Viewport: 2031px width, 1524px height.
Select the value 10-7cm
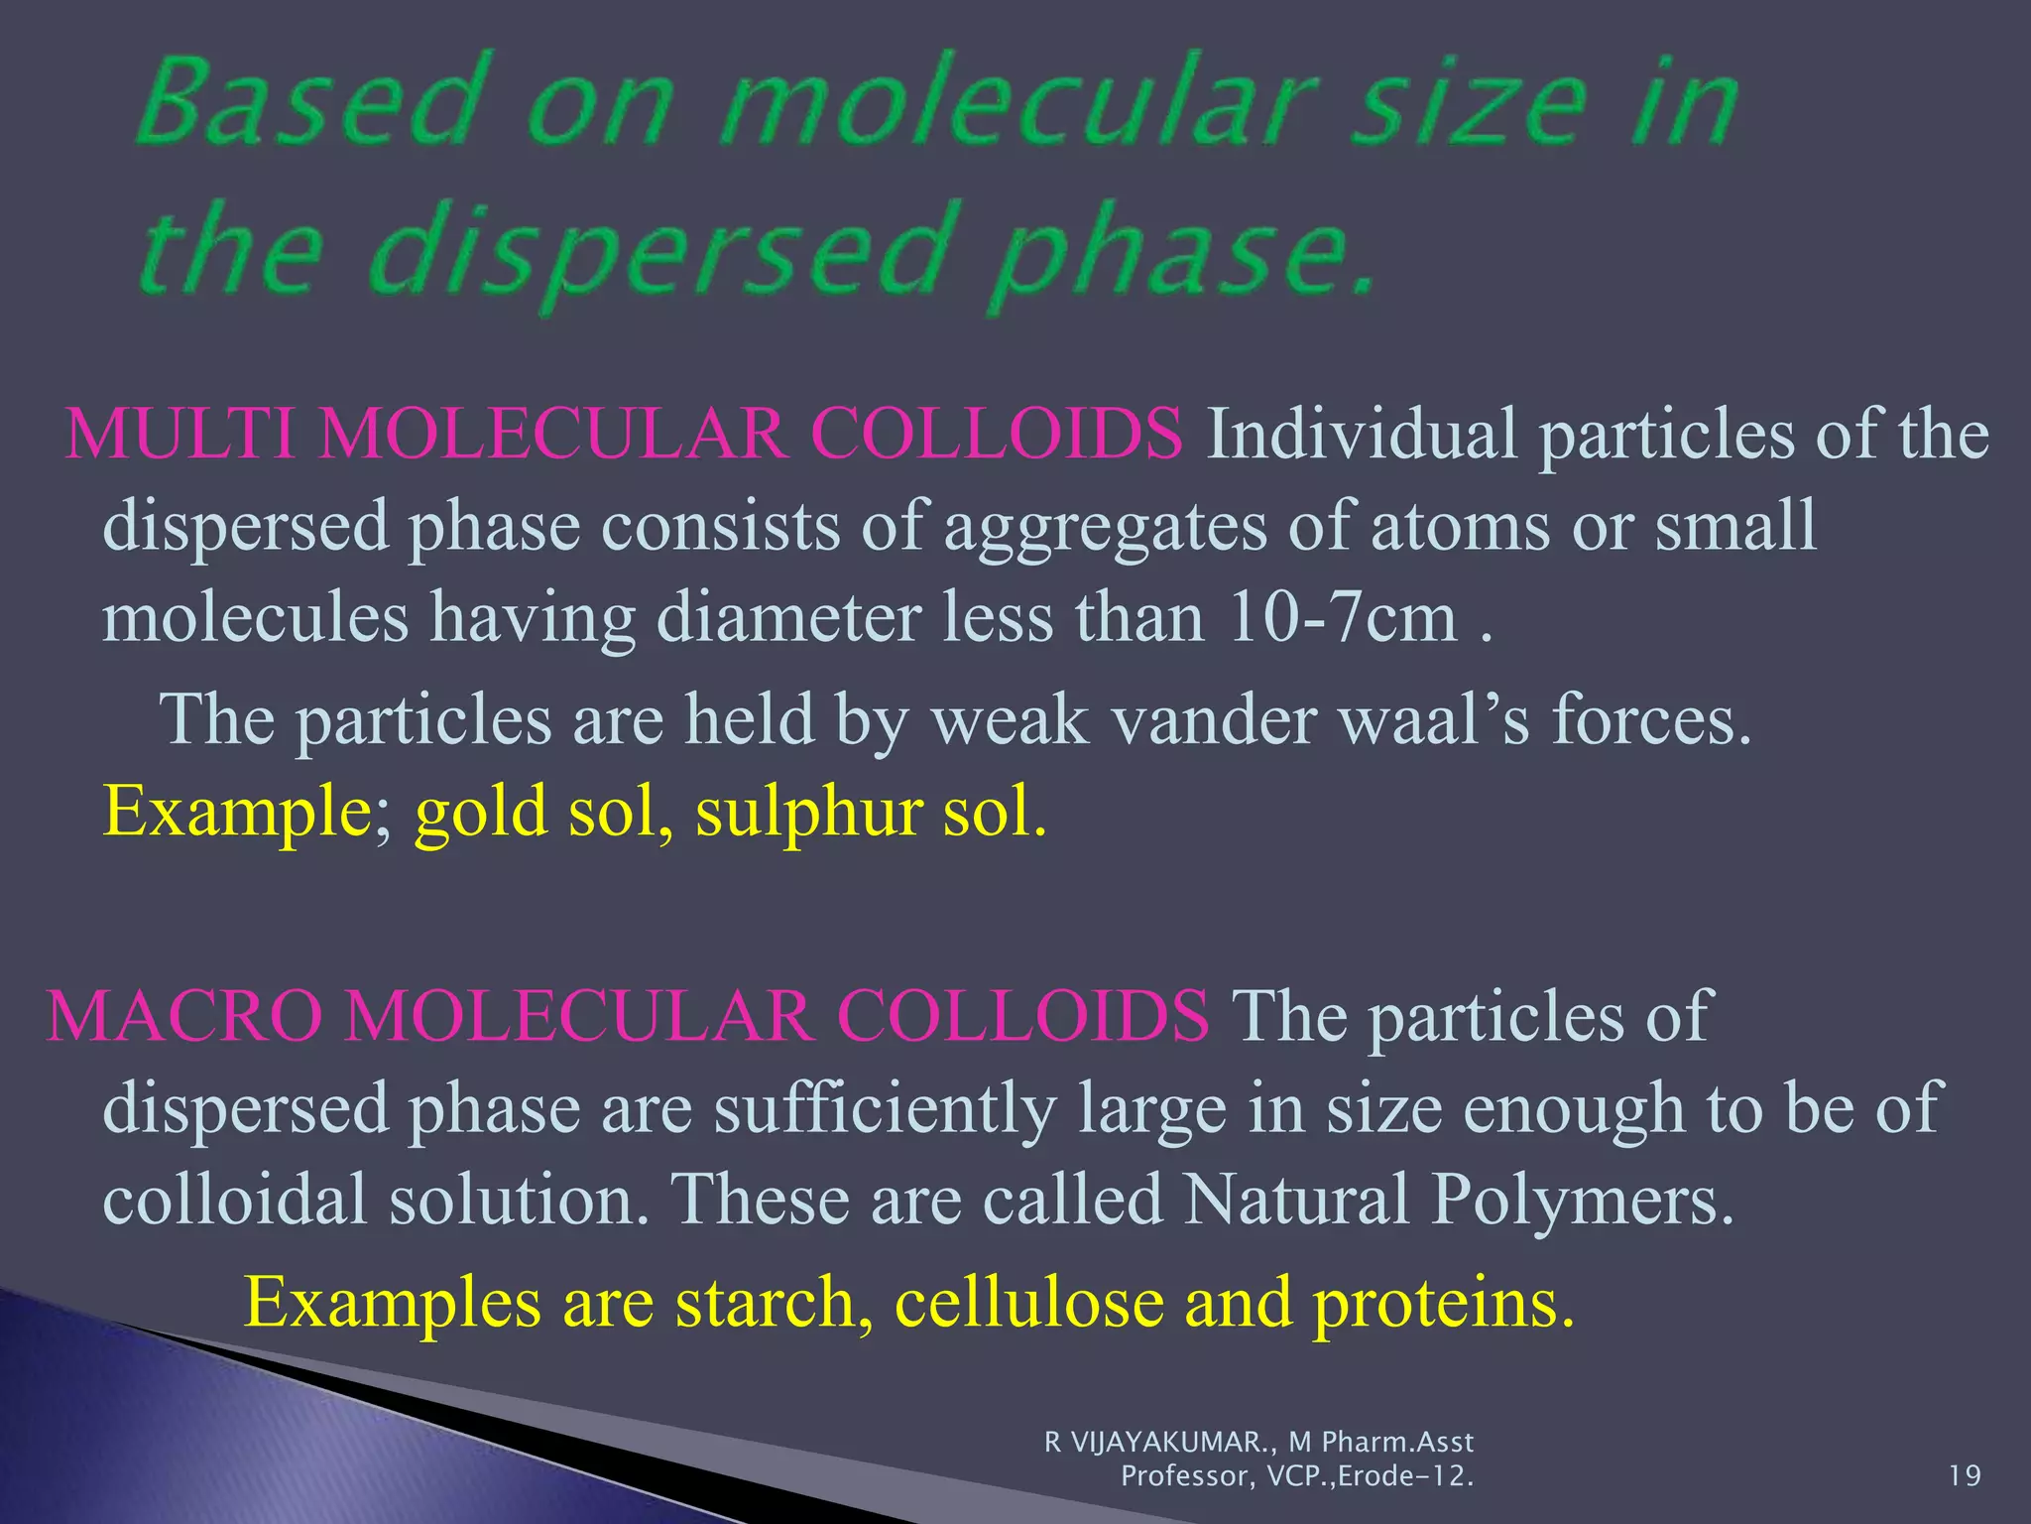[1341, 617]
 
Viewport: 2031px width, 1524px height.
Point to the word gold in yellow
[481, 810]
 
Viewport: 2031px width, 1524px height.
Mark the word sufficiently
[885, 1108]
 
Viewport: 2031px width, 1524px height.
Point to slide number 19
[1965, 1476]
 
